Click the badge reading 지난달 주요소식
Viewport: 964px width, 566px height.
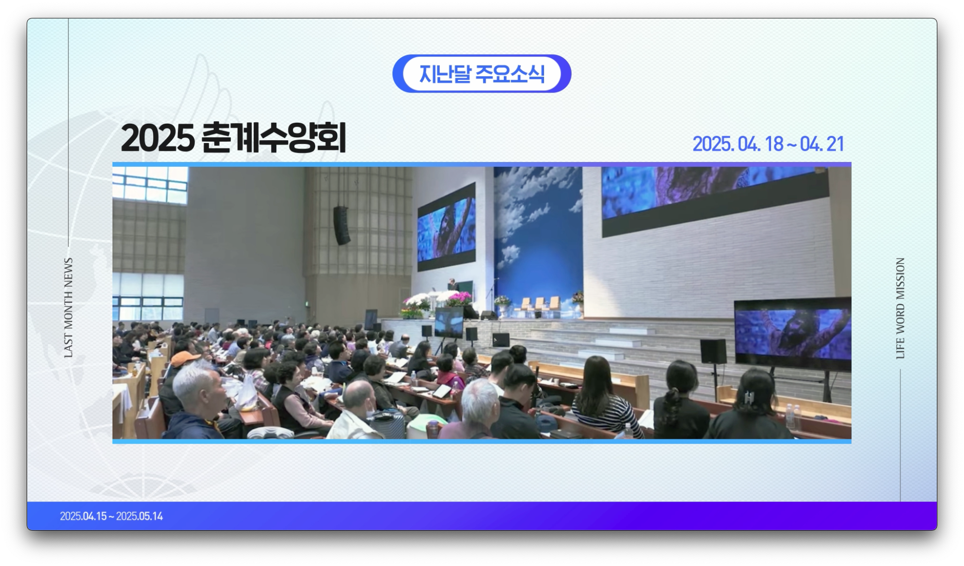(x=482, y=73)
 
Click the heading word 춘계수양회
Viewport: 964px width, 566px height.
(x=273, y=138)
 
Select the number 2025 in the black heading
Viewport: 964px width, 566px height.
(x=158, y=138)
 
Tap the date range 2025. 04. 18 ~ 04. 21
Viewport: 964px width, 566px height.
(x=768, y=144)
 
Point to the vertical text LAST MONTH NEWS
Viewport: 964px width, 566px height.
(x=68, y=307)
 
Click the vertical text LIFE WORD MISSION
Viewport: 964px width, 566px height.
(x=900, y=308)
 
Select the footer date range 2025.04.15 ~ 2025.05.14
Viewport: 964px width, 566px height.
(x=112, y=516)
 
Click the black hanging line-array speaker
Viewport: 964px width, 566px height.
(x=341, y=225)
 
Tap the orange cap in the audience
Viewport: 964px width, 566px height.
(x=185, y=359)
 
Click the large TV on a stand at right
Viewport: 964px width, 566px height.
(x=792, y=333)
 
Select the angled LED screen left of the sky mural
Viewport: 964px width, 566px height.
(x=446, y=226)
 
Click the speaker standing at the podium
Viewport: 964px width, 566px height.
(x=452, y=285)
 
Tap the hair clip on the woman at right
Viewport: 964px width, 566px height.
(x=749, y=398)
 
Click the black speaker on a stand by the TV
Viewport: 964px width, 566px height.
(x=713, y=352)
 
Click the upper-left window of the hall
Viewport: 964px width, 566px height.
(x=150, y=185)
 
